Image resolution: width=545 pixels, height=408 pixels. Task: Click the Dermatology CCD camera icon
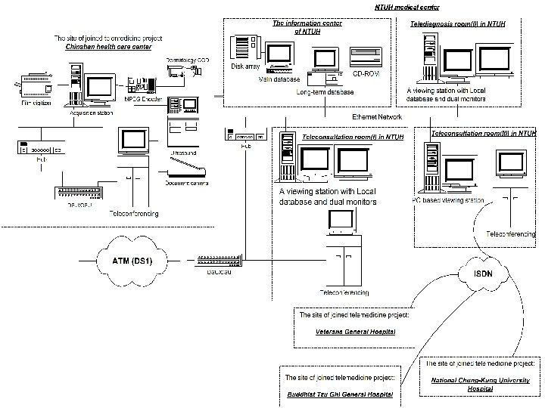(182, 69)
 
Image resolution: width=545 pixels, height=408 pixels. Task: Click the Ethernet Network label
(377, 117)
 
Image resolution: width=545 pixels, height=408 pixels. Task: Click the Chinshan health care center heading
(107, 47)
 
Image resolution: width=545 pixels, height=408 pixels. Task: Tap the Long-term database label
(325, 92)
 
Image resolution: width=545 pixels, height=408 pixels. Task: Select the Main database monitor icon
(278, 57)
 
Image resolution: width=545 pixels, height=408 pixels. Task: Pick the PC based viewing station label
(448, 200)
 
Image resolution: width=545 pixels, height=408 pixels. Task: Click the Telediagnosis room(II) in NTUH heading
(458, 24)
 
